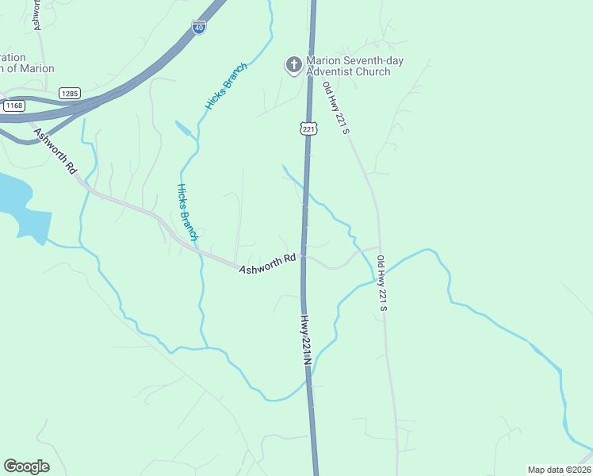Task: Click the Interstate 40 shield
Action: [199, 27]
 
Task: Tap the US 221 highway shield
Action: [308, 128]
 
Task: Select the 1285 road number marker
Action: [69, 93]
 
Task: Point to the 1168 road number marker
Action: [13, 105]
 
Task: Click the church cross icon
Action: [294, 64]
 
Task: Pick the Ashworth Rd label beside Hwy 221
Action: [267, 265]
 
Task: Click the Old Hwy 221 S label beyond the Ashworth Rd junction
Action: [381, 282]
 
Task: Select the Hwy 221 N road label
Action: [304, 340]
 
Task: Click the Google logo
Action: [26, 466]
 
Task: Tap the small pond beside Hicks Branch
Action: [183, 129]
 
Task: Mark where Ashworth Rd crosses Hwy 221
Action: [302, 255]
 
